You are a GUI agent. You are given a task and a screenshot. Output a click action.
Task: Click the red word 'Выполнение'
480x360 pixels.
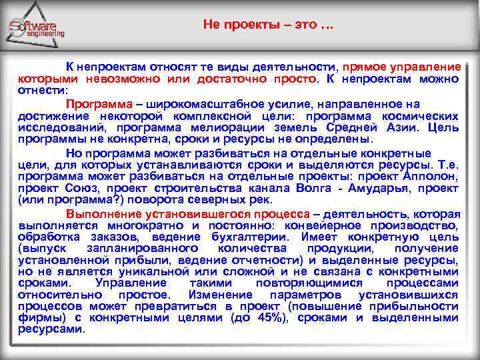pos(104,214)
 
